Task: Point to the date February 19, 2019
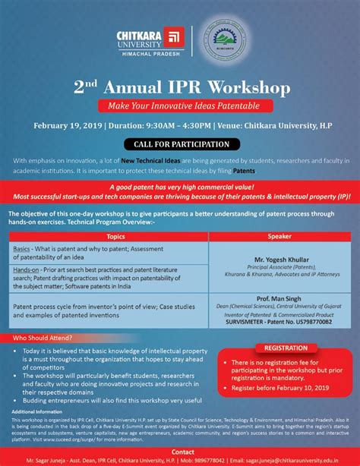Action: point(64,124)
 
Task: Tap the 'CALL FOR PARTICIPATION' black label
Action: point(180,144)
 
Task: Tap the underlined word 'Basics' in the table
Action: point(22,248)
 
